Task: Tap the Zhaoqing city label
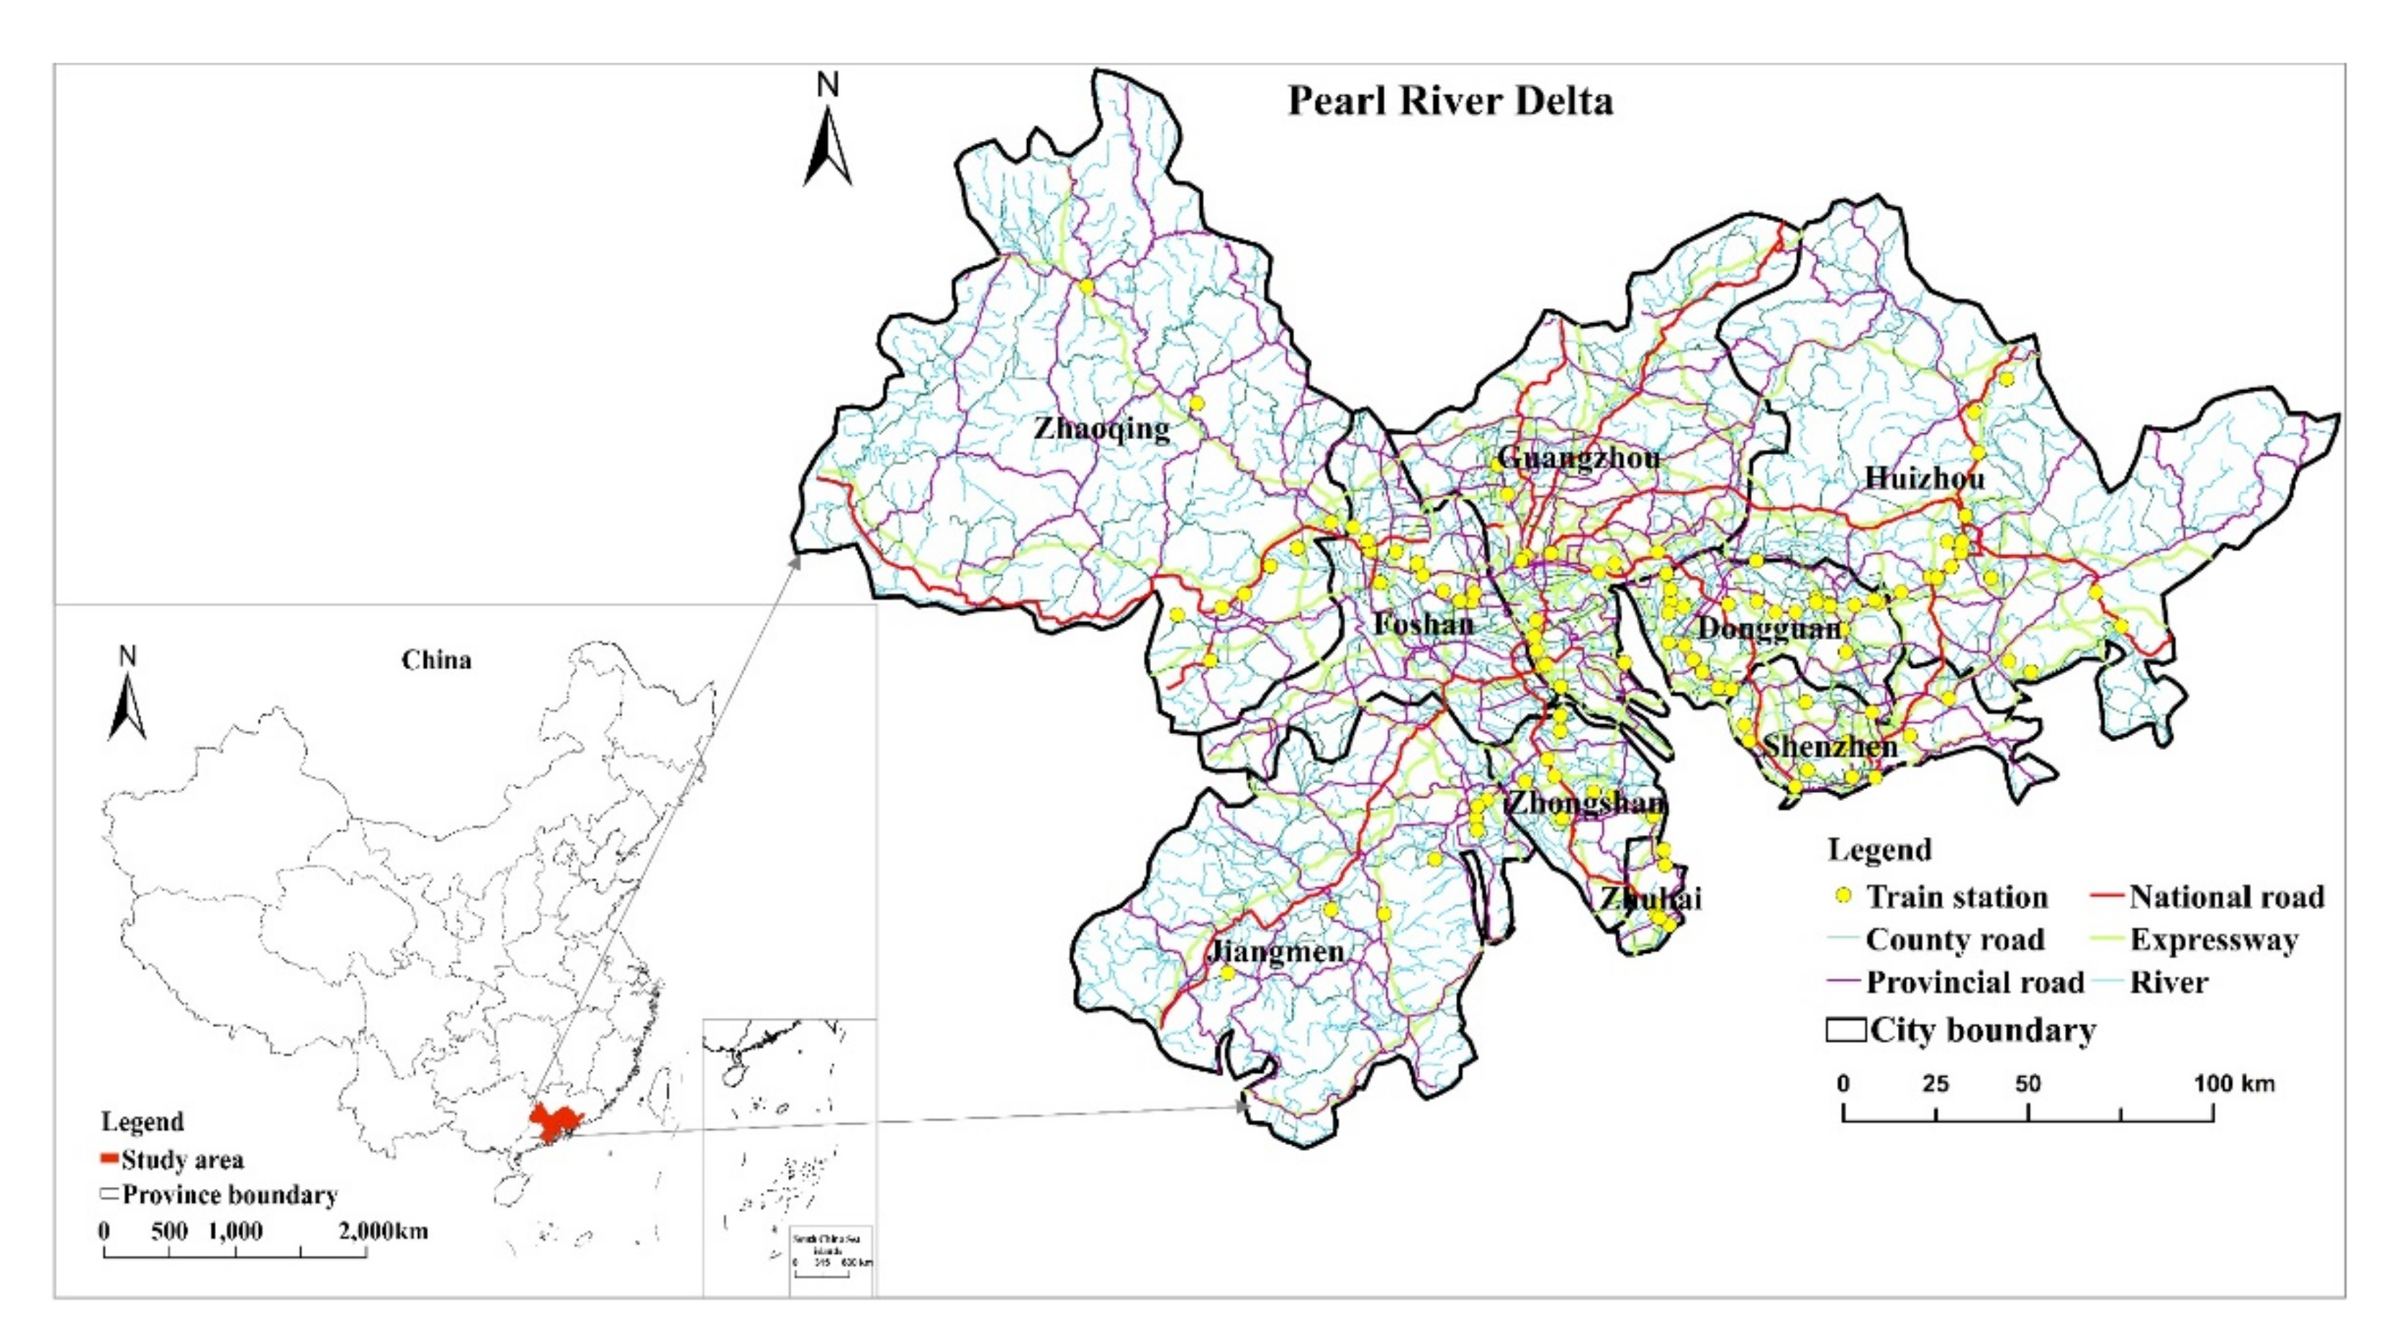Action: pyautogui.click(x=1102, y=429)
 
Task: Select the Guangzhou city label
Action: pyautogui.click(x=1578, y=458)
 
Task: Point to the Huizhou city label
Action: pyautogui.click(x=1925, y=479)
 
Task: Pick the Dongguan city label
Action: pyautogui.click(x=1769, y=628)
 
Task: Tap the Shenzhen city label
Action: pyautogui.click(x=1830, y=746)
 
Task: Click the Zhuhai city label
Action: pyautogui.click(x=1651, y=898)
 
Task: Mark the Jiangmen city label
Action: pyautogui.click(x=1276, y=951)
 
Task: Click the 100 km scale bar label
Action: pyautogui.click(x=2233, y=1084)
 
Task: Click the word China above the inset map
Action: pyautogui.click(x=436, y=660)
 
